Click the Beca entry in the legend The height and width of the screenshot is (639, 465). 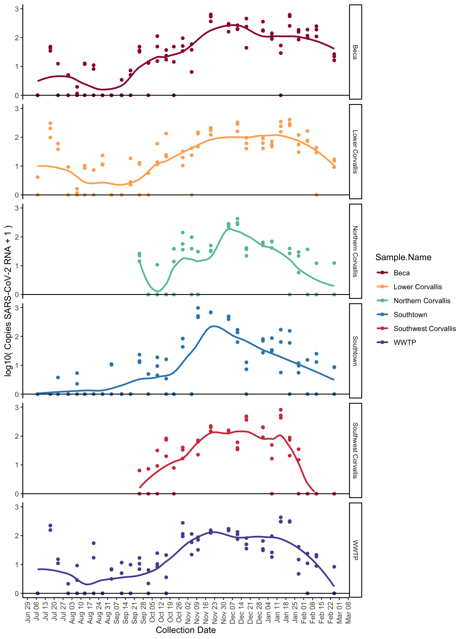(x=401, y=273)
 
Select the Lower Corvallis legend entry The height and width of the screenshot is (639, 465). (x=417, y=287)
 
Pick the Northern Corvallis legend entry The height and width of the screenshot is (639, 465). (x=422, y=301)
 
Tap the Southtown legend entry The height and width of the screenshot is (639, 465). (x=410, y=315)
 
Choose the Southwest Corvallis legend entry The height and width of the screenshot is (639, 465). (x=424, y=329)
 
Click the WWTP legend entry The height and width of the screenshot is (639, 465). (x=405, y=342)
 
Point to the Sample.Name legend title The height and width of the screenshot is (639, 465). (x=403, y=257)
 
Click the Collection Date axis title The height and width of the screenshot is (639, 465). (x=186, y=630)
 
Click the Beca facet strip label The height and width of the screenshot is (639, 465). (x=355, y=52)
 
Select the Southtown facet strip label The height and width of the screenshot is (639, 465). (x=355, y=351)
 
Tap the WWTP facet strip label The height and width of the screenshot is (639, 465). (x=355, y=550)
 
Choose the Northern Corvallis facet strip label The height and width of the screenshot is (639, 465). (x=355, y=251)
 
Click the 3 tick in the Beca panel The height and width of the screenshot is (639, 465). (x=17, y=9)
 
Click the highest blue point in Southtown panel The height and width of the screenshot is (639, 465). (x=198, y=308)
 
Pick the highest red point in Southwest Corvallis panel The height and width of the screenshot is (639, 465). (x=281, y=410)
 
